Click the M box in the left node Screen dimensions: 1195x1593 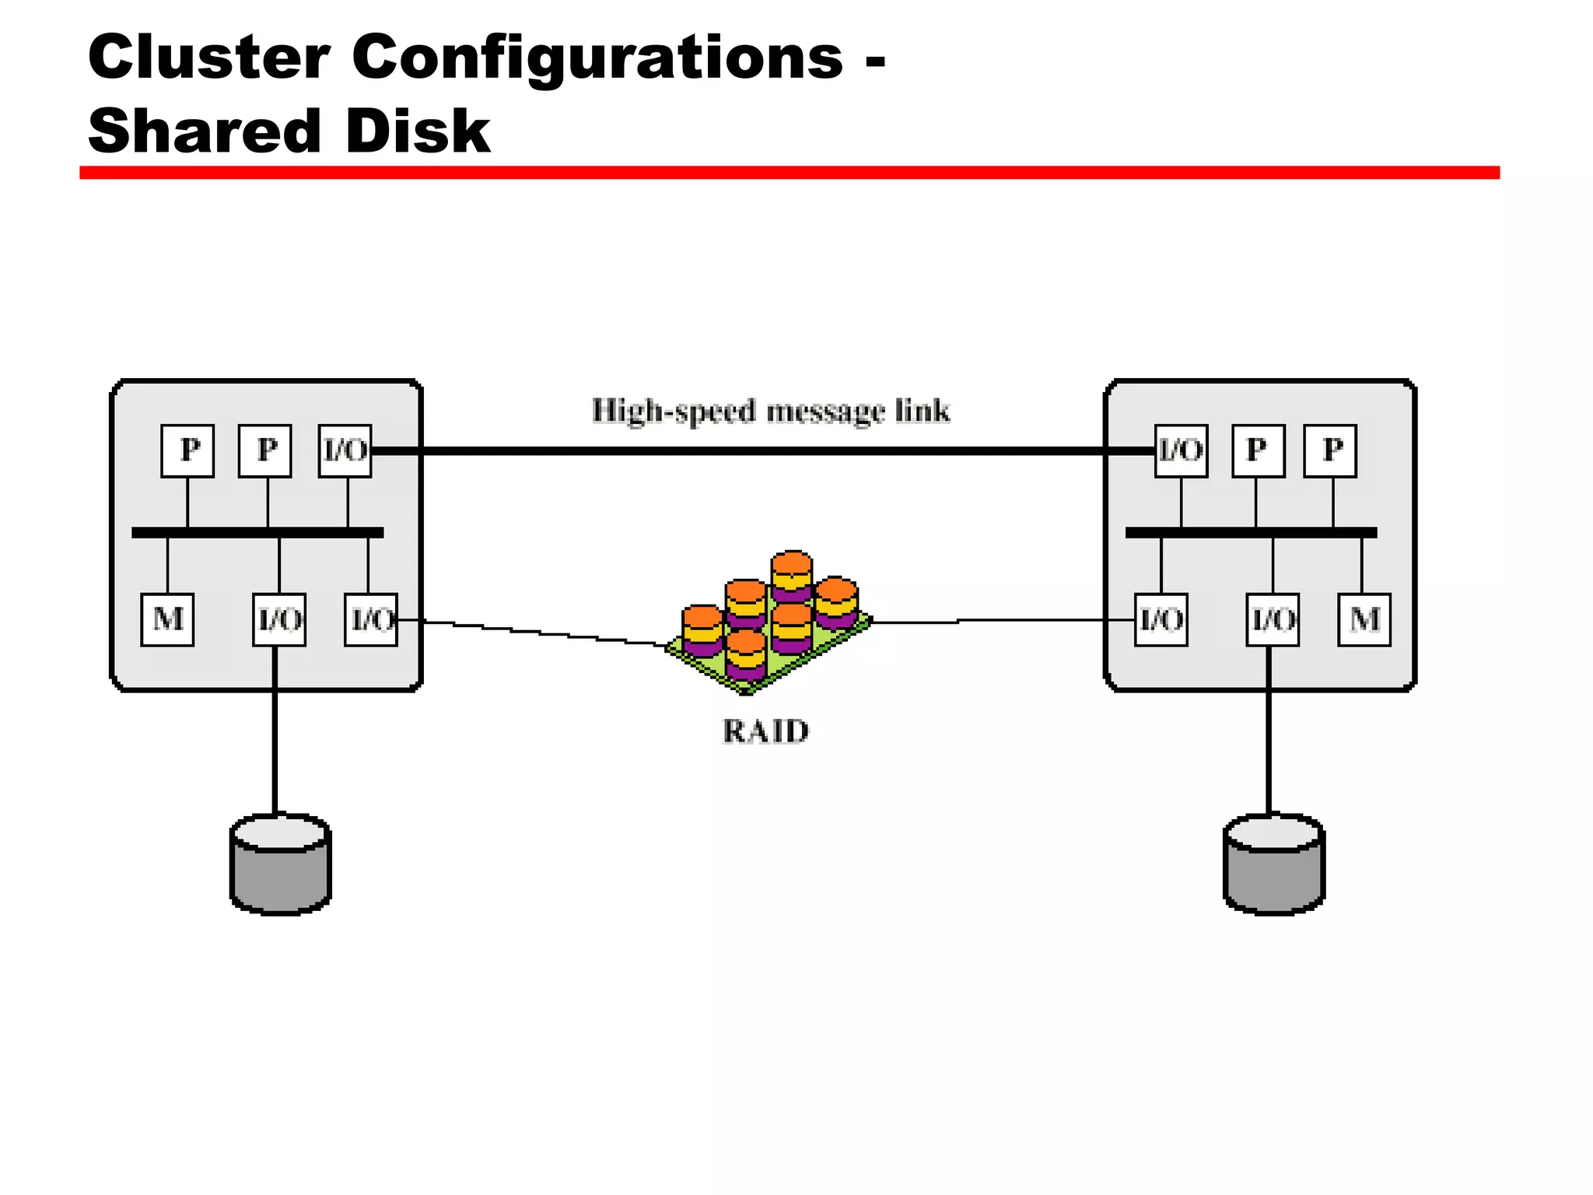[x=167, y=620]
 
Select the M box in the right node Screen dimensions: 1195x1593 [x=1364, y=620]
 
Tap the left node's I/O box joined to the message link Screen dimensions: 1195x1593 [x=345, y=450]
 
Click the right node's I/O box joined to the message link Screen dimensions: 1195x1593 [x=1181, y=450]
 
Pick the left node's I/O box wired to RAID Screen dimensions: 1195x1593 [x=371, y=620]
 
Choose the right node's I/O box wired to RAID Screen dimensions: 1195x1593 [x=1161, y=620]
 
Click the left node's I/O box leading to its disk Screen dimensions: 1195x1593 [x=279, y=620]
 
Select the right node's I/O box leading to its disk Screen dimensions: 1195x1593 [x=1273, y=620]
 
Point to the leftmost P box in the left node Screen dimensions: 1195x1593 [x=187, y=450]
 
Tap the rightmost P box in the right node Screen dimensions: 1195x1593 [x=1330, y=450]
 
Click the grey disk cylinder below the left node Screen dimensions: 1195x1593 [x=281, y=864]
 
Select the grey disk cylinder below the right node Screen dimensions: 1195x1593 [x=1274, y=864]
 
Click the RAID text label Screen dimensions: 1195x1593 [x=765, y=731]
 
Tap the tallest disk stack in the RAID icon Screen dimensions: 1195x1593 [x=792, y=576]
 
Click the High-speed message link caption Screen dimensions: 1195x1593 [x=770, y=411]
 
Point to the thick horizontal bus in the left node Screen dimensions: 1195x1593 [x=257, y=533]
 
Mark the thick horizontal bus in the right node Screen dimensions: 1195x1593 [x=1251, y=533]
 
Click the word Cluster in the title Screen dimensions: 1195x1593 [x=208, y=58]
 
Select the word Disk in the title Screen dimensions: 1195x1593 [x=418, y=131]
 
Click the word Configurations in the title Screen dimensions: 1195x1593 [x=597, y=58]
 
